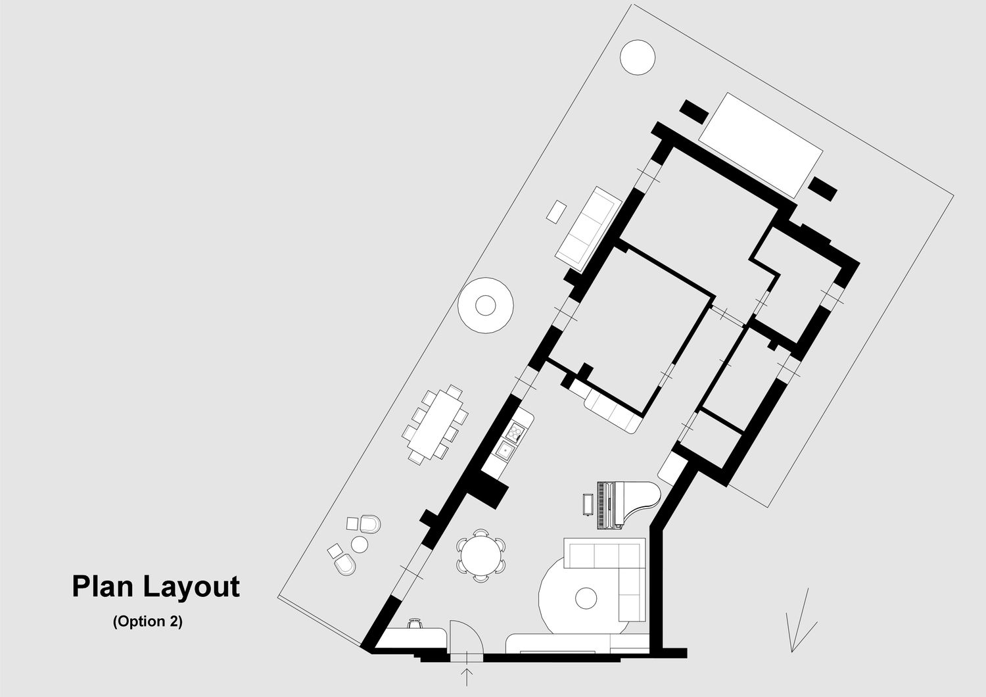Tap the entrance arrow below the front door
pyautogui.click(x=467, y=677)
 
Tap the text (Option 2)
pyautogui.click(x=147, y=621)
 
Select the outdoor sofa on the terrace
pyautogui.click(x=587, y=228)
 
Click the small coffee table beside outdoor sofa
pyautogui.click(x=557, y=211)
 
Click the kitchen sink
pyautogui.click(x=505, y=450)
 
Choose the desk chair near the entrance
pyautogui.click(x=414, y=623)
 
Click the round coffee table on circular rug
pyautogui.click(x=586, y=598)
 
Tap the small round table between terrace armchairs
pyautogui.click(x=360, y=544)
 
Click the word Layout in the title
pyautogui.click(x=191, y=587)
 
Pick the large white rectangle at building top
pyautogui.click(x=761, y=145)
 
